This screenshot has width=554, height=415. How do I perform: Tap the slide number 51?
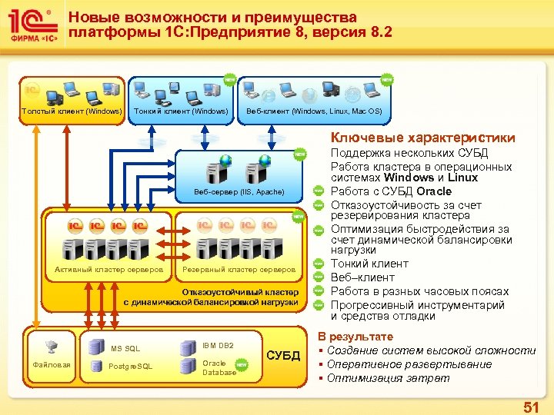[x=530, y=405]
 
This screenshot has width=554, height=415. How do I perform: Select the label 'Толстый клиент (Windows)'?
[x=72, y=111]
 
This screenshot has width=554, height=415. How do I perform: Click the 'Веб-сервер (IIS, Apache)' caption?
[x=239, y=191]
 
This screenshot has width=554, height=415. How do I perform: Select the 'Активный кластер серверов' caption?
[x=108, y=270]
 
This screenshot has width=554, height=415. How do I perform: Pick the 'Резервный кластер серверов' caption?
[x=239, y=270]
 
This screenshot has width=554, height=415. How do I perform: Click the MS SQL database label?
[x=125, y=349]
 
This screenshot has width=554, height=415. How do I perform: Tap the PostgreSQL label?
[x=132, y=366]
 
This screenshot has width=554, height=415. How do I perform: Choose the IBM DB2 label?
[x=218, y=346]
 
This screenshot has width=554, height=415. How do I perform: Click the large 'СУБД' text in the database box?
[x=282, y=356]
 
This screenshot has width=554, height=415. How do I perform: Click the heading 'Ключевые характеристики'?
[x=423, y=138]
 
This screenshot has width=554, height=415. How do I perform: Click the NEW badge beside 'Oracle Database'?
[x=242, y=366]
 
